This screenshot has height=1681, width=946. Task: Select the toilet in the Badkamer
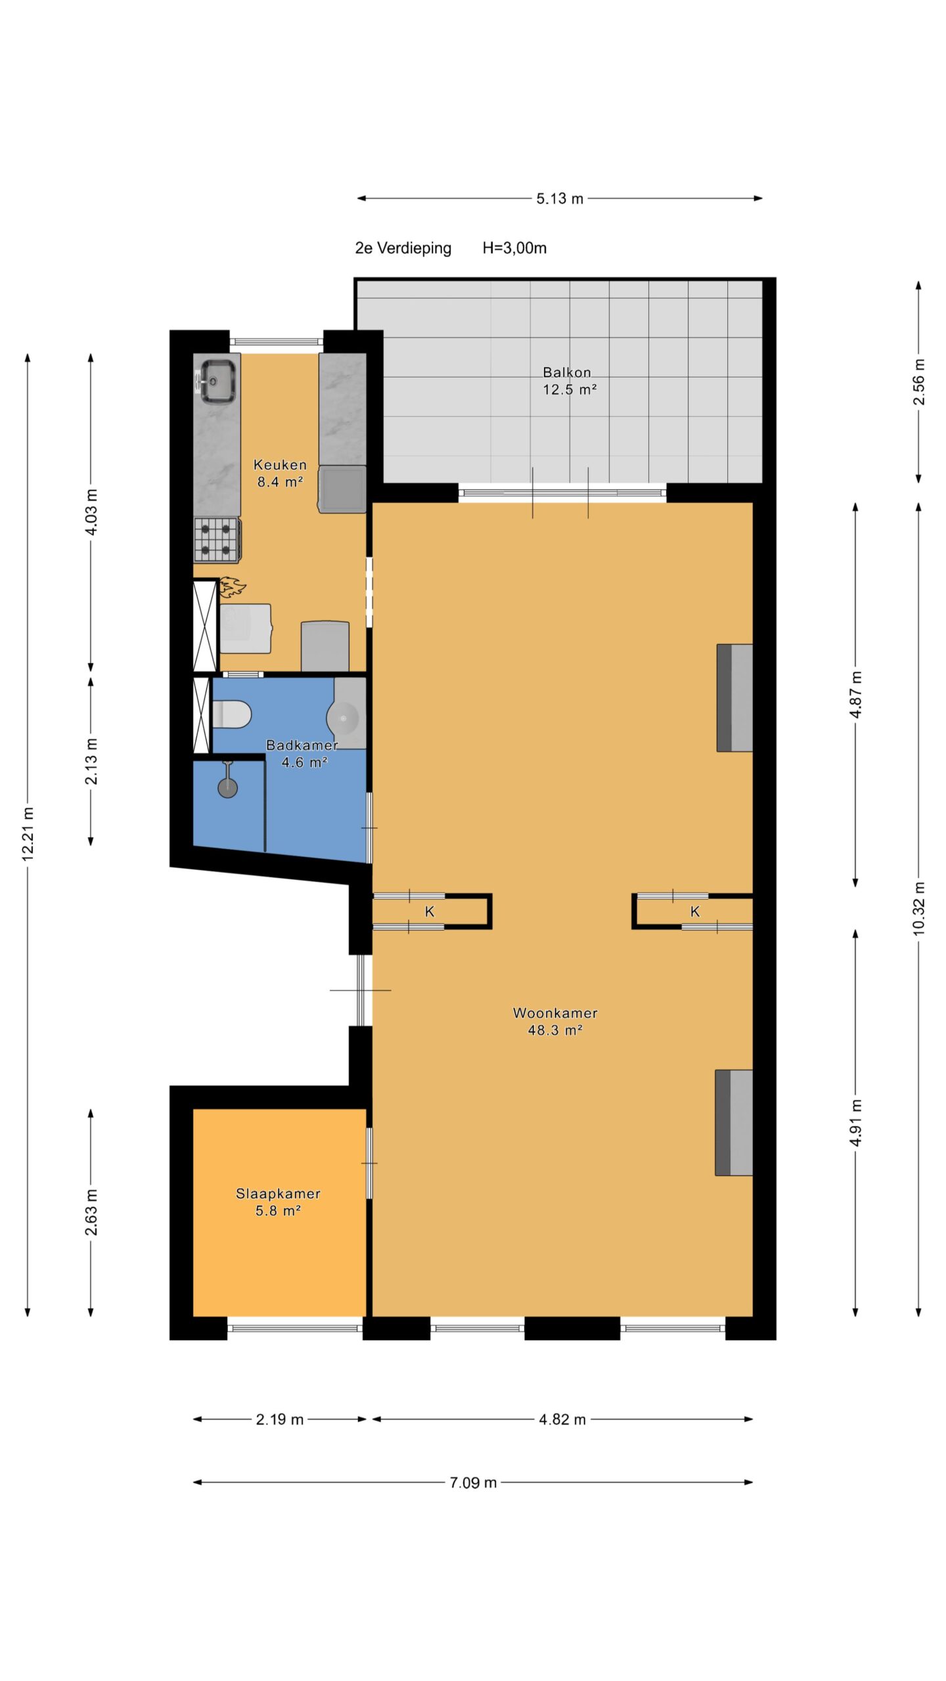(x=232, y=714)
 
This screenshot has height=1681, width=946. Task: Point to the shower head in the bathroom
(x=228, y=781)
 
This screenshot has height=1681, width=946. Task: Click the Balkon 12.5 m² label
(x=569, y=381)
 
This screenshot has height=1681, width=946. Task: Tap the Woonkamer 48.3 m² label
(x=555, y=1021)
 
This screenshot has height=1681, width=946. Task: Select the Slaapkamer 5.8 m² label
(x=278, y=1202)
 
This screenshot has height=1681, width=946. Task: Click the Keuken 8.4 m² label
(x=280, y=473)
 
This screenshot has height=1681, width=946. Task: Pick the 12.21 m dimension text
(x=28, y=834)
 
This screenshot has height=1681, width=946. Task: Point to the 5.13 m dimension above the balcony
(x=560, y=199)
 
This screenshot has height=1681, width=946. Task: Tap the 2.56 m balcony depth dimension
(x=918, y=382)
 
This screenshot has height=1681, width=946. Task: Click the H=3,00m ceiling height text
(x=514, y=248)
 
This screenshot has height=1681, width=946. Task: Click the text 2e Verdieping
(x=403, y=248)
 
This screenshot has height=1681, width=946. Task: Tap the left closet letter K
(x=430, y=911)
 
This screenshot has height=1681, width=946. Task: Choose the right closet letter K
(x=695, y=911)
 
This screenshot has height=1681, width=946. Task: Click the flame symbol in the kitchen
(x=232, y=587)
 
